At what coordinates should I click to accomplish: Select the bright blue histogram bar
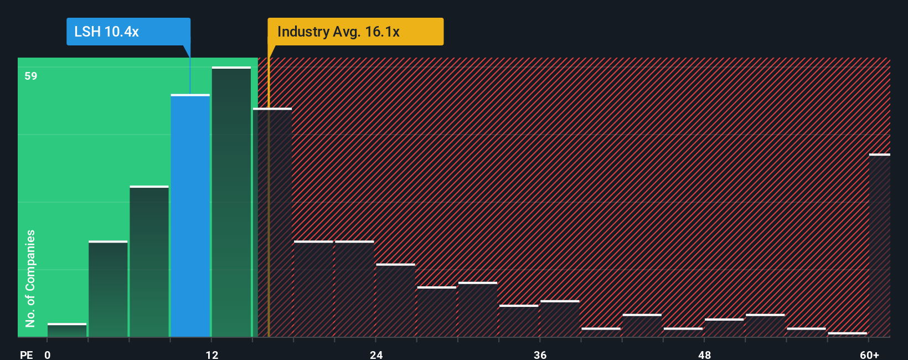[190, 216]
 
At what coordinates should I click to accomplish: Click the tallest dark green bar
[231, 202]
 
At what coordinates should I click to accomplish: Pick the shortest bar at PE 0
[67, 330]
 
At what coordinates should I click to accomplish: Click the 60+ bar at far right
[879, 245]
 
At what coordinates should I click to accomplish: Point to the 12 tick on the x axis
[212, 354]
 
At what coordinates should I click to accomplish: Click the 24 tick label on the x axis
[376, 354]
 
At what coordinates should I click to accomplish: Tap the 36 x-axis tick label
[540, 354]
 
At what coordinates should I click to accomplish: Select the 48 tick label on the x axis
[704, 354]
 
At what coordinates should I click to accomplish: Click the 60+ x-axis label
[870, 354]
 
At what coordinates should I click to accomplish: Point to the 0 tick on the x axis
[48, 354]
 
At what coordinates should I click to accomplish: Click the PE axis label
[26, 354]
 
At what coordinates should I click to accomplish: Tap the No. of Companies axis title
[30, 278]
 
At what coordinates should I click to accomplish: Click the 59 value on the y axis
[31, 76]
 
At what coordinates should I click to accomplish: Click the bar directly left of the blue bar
[149, 261]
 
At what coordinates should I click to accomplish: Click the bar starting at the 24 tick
[396, 300]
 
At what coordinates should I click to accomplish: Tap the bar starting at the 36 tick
[560, 318]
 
